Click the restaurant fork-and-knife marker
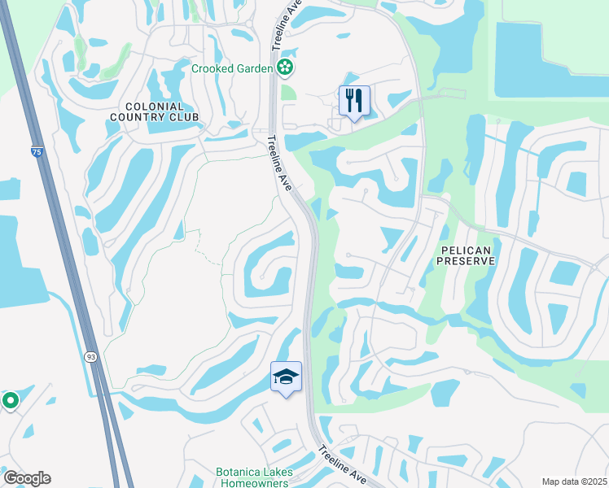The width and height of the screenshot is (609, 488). (x=354, y=101)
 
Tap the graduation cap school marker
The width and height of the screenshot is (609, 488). (x=286, y=377)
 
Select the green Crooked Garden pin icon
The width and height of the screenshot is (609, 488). (x=285, y=68)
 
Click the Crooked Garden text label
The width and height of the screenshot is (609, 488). (x=232, y=68)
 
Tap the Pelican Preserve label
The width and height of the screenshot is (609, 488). (x=466, y=255)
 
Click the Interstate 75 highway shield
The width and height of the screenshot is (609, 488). (x=34, y=152)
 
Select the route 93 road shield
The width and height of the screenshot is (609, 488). (x=90, y=356)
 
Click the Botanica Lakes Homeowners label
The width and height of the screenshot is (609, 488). (x=252, y=477)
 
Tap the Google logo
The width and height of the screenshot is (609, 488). (x=27, y=478)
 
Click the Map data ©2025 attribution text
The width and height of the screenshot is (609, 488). (x=574, y=481)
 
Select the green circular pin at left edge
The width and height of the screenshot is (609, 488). (x=10, y=400)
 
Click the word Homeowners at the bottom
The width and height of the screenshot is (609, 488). (x=252, y=483)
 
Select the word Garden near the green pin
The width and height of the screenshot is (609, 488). (x=253, y=68)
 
